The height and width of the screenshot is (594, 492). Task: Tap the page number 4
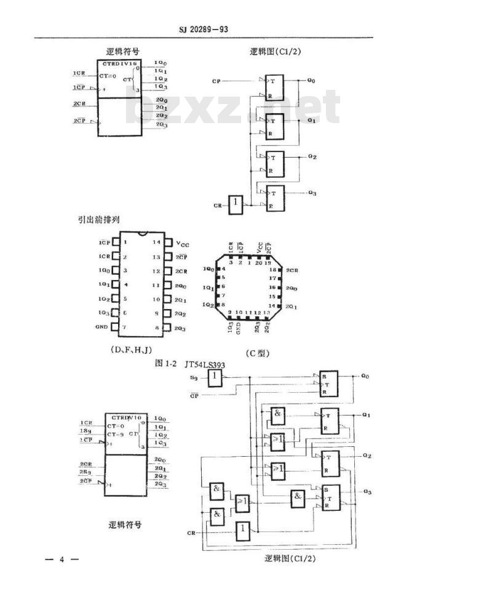[x=61, y=559]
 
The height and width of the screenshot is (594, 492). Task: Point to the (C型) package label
[x=257, y=353]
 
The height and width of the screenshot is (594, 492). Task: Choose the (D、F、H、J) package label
[x=130, y=349]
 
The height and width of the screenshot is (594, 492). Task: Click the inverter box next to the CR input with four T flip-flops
[x=237, y=204]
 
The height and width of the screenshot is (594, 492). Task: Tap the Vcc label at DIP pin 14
[x=183, y=243]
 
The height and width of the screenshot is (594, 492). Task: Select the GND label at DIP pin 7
[x=101, y=327]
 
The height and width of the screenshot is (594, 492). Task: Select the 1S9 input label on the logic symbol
[x=85, y=432]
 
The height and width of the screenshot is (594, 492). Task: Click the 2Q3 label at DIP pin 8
[x=180, y=328]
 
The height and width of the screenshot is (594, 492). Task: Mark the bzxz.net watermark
[x=232, y=107]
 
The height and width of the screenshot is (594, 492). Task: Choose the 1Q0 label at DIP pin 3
[x=104, y=271]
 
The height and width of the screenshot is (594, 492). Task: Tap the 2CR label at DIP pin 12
[x=180, y=271]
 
